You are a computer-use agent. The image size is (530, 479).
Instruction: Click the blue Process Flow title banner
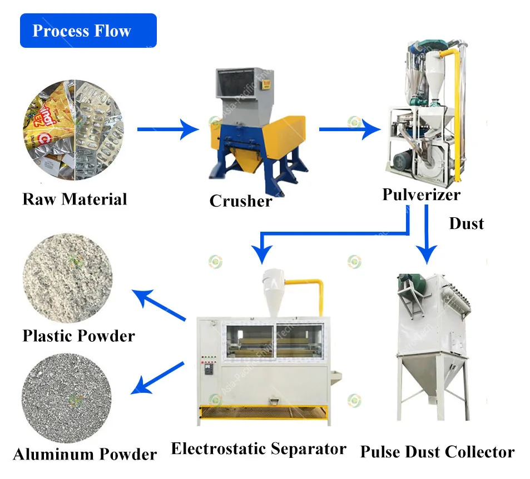pyautogui.click(x=88, y=31)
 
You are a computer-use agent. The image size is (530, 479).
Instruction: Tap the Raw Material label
pyautogui.click(x=75, y=199)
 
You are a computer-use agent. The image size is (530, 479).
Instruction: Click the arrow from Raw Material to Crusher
pyautogui.click(x=167, y=130)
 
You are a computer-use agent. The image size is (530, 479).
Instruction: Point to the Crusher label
pyautogui.click(x=241, y=201)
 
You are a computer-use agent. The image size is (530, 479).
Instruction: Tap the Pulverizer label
pyautogui.click(x=421, y=194)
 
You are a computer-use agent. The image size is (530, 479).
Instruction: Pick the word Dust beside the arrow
pyautogui.click(x=466, y=223)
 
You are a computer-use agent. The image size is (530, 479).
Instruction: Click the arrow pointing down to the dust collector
pyautogui.click(x=427, y=233)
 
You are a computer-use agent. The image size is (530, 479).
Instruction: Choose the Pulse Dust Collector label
pyautogui.click(x=437, y=452)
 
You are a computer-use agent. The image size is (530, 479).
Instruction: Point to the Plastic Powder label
pyautogui.click(x=78, y=336)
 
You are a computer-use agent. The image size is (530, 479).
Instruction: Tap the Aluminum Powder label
pyautogui.click(x=85, y=454)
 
